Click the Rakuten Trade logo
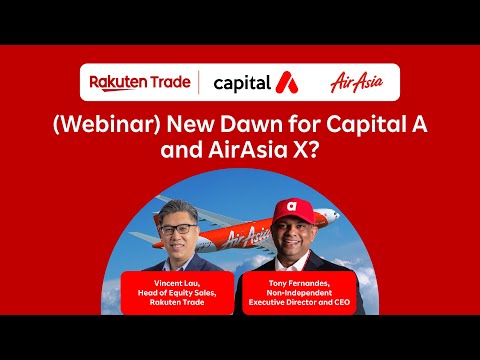pos(141,82)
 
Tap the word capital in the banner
pos(242,82)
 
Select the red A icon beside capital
pos(285,82)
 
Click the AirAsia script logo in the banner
pos(355,82)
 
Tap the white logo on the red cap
pos(292,207)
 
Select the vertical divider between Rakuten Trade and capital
pos(198,82)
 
